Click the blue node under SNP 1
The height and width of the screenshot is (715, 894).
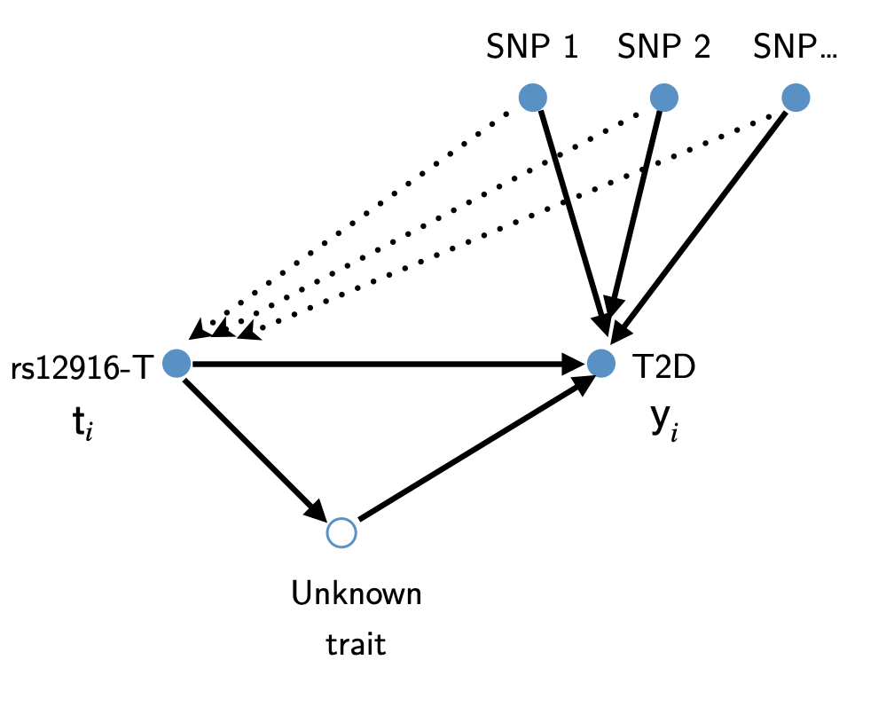pos(532,98)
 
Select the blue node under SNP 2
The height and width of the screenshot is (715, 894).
pos(664,98)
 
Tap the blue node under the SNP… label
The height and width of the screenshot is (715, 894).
pos(796,98)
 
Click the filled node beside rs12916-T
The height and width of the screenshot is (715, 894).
pos(177,363)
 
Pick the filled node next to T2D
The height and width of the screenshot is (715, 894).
pos(601,363)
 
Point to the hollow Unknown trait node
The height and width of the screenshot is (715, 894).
pos(341,532)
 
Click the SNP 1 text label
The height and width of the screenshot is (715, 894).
pos(532,47)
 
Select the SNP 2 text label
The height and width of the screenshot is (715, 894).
pos(663,47)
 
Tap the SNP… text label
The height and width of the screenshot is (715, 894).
pos(795,47)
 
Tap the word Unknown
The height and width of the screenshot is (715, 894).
pos(357,593)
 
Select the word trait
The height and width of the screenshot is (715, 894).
pos(357,643)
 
